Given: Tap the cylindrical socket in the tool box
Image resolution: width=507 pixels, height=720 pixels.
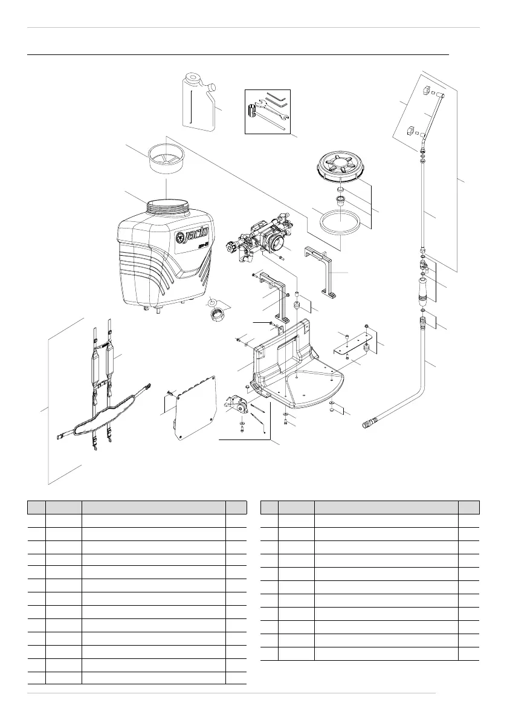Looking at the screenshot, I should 254,112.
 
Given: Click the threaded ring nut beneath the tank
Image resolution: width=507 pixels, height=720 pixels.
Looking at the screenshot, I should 217,316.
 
